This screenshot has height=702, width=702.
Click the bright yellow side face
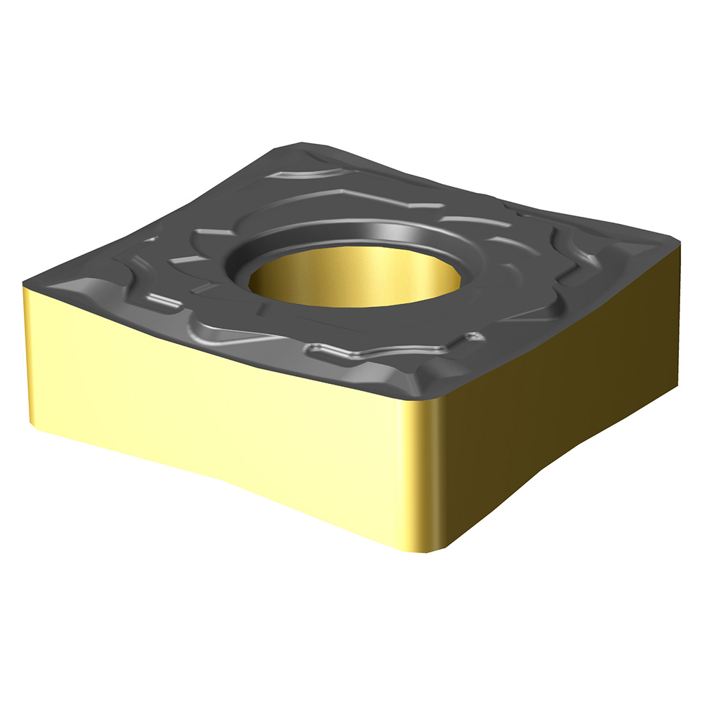tap(211, 407)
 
